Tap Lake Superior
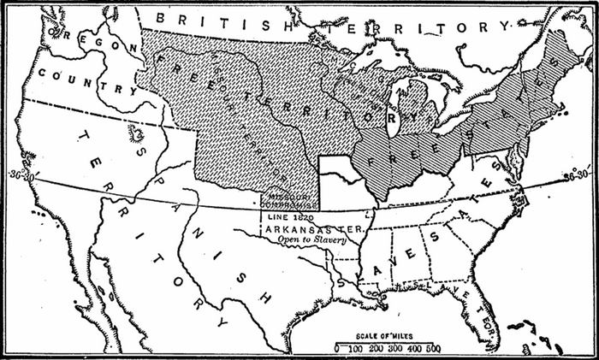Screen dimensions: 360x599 coord(368,73)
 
